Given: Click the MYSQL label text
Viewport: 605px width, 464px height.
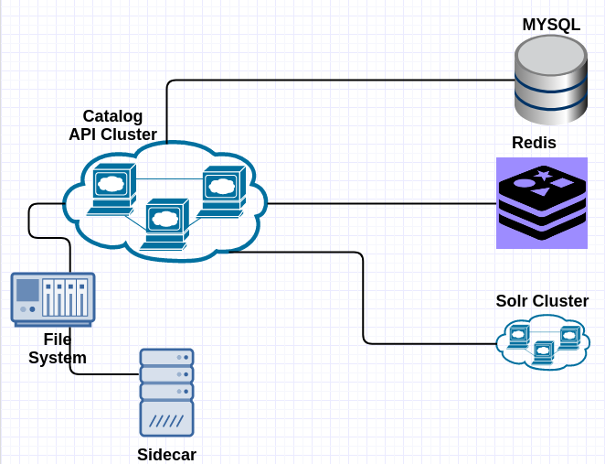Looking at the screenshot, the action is [x=551, y=25].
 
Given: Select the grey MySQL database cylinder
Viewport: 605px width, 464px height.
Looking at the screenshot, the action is [x=551, y=80].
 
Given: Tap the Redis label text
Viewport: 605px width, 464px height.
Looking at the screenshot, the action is [x=534, y=143].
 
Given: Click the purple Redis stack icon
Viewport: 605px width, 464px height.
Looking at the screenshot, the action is [x=542, y=203].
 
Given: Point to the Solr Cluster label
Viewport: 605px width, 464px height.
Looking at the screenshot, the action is [x=542, y=301].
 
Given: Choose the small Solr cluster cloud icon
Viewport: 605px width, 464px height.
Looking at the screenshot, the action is [x=543, y=342].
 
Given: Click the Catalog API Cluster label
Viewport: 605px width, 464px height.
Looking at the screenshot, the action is [x=112, y=125].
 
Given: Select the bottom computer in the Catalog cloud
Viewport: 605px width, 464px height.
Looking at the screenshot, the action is [x=165, y=224].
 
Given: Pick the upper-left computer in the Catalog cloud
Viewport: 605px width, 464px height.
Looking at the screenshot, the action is [x=111, y=189].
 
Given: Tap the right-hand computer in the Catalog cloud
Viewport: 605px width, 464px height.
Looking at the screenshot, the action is [x=221, y=191].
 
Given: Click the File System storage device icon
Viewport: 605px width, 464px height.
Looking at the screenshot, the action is [x=53, y=299].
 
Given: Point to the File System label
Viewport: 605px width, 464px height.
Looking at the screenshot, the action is [x=58, y=349].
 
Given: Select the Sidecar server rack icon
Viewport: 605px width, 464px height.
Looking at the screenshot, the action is [x=166, y=393].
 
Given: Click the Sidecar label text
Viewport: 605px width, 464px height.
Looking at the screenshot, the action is [x=166, y=455].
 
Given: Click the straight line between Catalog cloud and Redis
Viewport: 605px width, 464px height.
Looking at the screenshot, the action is [x=382, y=203].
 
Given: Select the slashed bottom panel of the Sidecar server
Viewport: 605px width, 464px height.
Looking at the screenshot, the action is [x=166, y=419].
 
